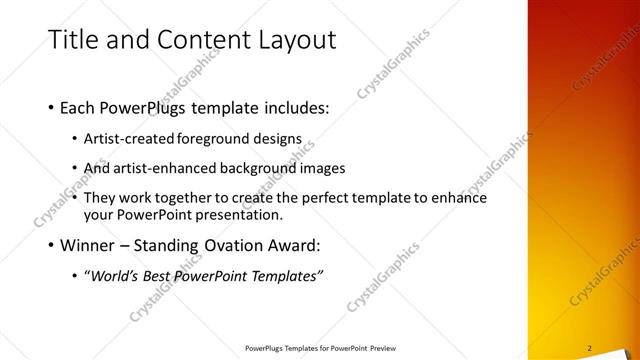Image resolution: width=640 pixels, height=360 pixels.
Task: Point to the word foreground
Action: click(x=218, y=139)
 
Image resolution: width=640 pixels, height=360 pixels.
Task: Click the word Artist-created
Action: click(x=129, y=139)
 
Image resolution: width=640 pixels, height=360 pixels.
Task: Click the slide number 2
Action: click(x=590, y=348)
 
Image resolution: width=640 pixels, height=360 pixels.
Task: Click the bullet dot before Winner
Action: click(x=52, y=246)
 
